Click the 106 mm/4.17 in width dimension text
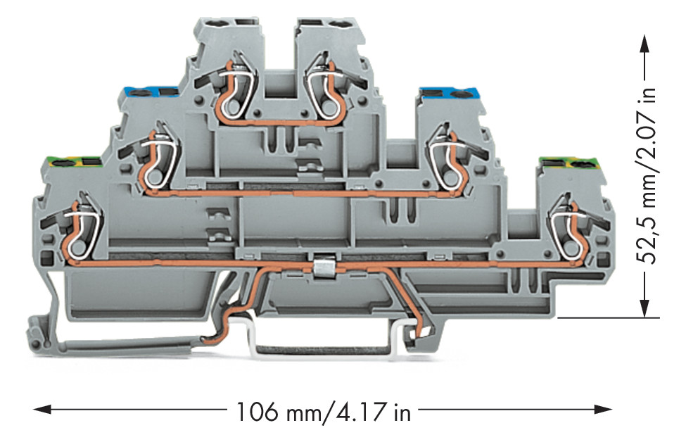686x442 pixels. pyautogui.click(x=324, y=412)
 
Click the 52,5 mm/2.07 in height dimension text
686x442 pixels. pyautogui.click(x=646, y=175)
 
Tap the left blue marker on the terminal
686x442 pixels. pyautogui.click(x=151, y=92)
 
